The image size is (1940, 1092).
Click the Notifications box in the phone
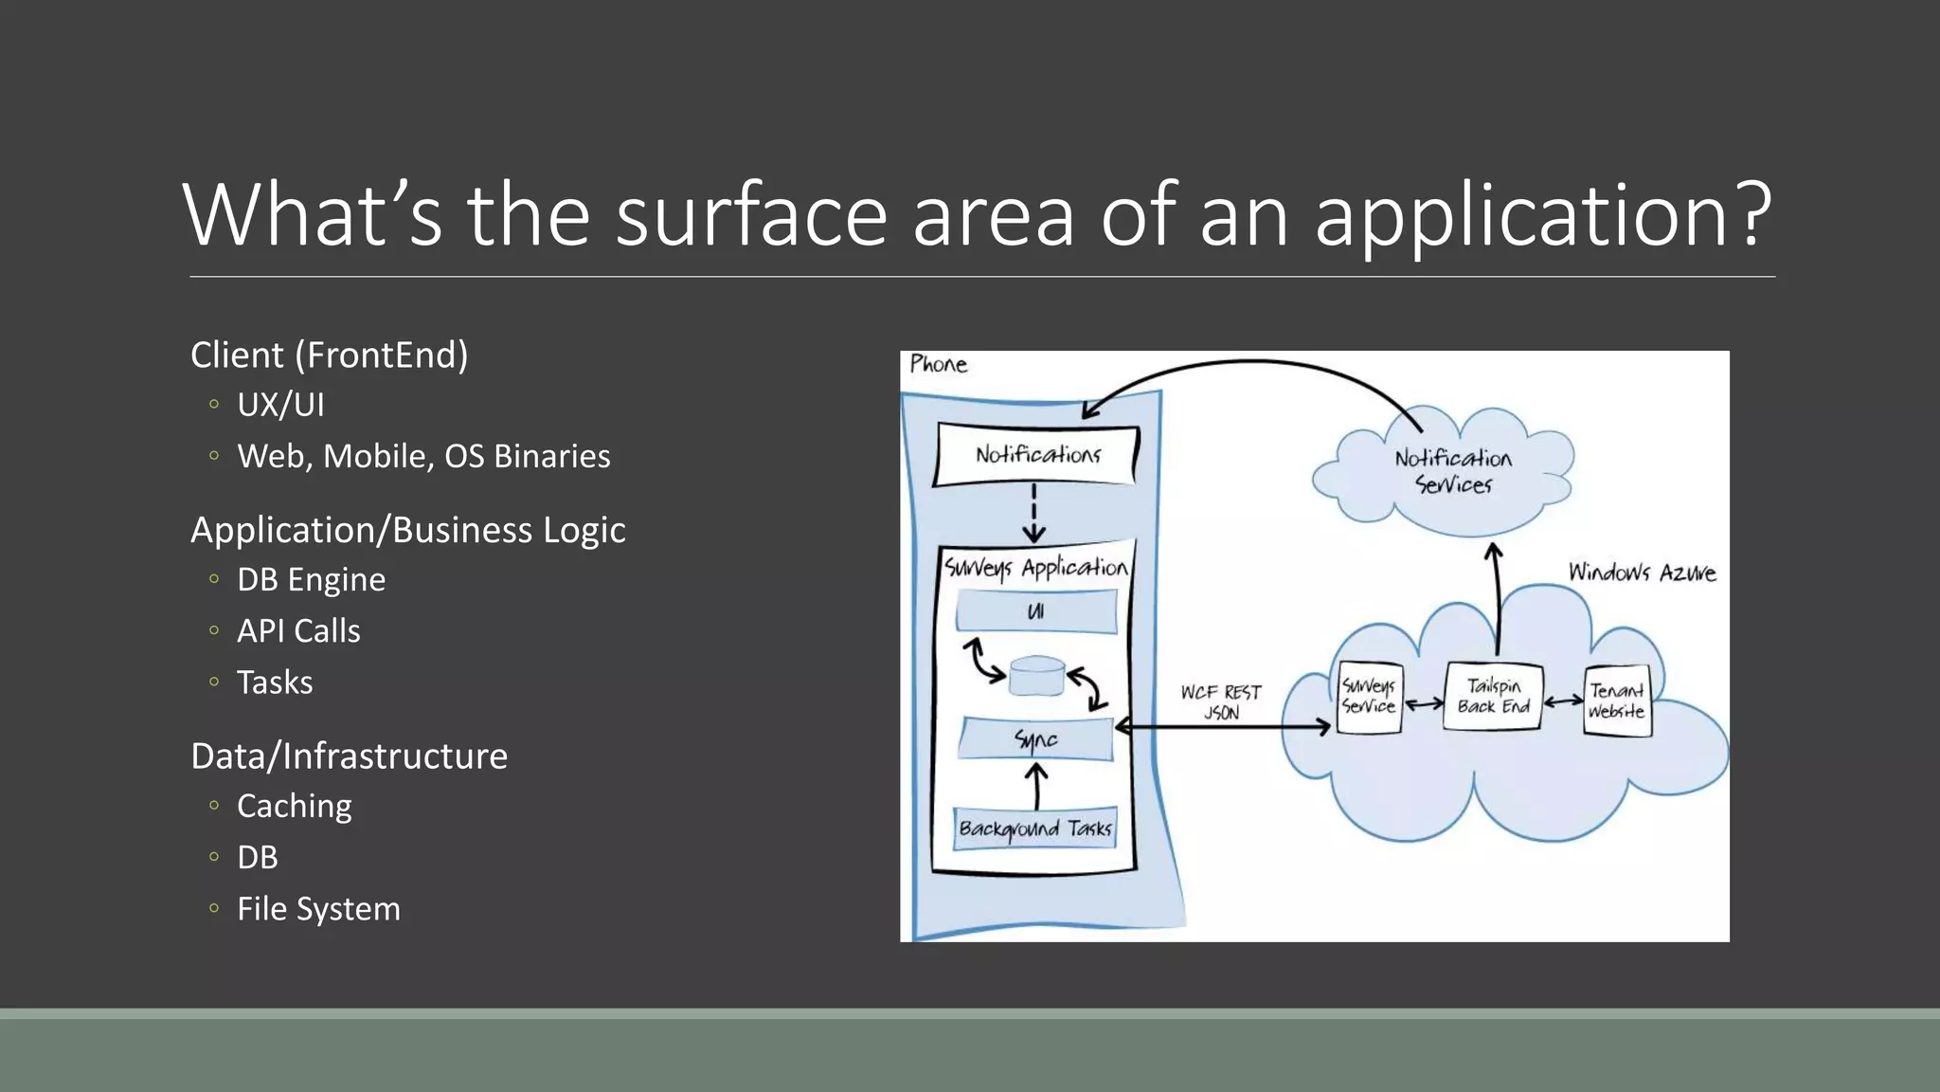point(1037,455)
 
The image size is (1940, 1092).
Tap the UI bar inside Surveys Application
point(1036,611)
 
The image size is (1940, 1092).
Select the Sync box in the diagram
point(1036,739)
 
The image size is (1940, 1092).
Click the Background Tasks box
point(1035,829)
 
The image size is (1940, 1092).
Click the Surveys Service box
point(1369,697)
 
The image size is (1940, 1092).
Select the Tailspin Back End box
point(1494,697)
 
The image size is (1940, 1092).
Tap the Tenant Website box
point(1617,701)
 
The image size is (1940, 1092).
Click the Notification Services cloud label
point(1453,471)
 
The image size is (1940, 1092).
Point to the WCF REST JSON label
point(1221,702)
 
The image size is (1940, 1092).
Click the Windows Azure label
point(1642,573)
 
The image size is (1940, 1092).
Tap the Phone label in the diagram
point(938,364)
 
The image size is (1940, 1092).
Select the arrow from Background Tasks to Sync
point(1036,786)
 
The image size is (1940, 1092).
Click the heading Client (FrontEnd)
point(329,355)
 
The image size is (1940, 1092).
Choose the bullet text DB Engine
point(311,579)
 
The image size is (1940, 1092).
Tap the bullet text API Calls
point(298,630)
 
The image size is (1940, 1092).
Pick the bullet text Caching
point(294,806)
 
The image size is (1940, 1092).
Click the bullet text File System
point(318,908)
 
